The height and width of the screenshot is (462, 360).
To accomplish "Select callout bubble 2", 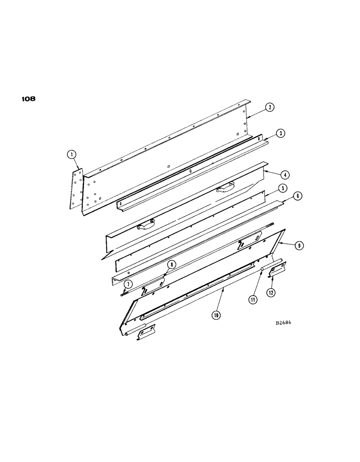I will (270, 108).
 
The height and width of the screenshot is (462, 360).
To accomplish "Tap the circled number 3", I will (281, 134).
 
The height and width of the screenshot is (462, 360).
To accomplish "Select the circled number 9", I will (300, 246).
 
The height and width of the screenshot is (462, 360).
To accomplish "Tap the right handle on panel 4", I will (225, 186).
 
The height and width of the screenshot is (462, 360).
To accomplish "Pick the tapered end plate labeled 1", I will (77, 189).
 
